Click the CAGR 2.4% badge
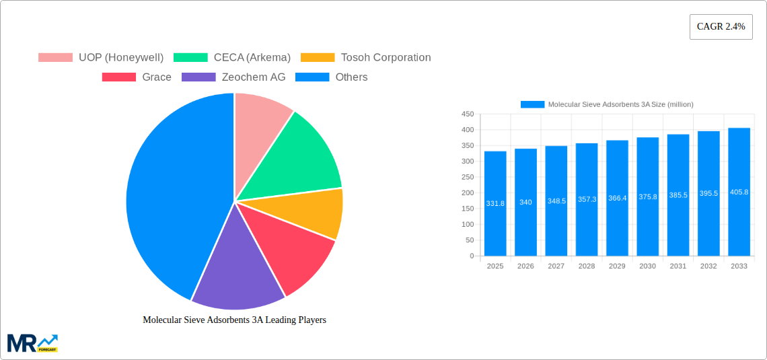(x=721, y=27)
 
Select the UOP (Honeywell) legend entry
(x=101, y=58)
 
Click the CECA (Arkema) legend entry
(x=232, y=58)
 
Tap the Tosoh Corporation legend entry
(x=365, y=58)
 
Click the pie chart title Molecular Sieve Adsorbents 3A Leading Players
(x=234, y=320)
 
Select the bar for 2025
(x=495, y=204)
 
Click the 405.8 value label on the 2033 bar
(x=739, y=192)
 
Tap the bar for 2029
(x=617, y=198)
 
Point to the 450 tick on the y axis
(x=467, y=114)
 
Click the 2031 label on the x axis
(x=678, y=266)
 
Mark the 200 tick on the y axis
(x=467, y=193)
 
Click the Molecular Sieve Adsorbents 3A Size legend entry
(x=607, y=104)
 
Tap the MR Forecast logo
(x=32, y=343)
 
